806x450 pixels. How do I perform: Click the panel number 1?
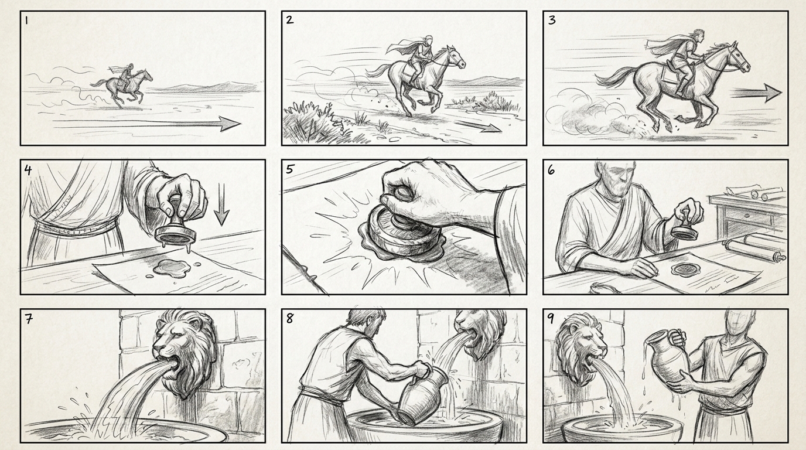point(26,20)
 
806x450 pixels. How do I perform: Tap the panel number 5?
point(290,169)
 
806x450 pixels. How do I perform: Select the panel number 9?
point(551,319)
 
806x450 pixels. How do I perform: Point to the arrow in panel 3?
point(756,93)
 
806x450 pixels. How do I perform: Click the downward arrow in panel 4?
point(221,203)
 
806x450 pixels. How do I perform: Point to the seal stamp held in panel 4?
point(176,223)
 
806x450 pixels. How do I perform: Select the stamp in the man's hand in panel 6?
point(684,227)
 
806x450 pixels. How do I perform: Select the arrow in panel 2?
point(478,126)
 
